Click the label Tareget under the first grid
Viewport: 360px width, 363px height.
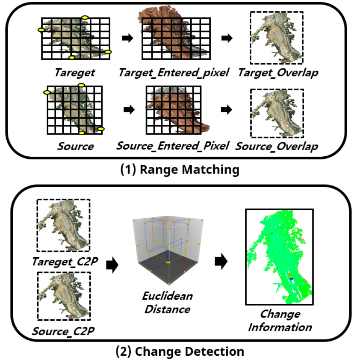(75, 73)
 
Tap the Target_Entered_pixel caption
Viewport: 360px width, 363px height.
(174, 73)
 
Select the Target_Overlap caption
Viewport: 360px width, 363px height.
(278, 73)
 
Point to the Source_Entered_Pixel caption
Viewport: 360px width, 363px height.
(172, 146)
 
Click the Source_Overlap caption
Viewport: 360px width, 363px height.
(277, 146)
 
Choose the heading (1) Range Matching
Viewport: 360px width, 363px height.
(180, 170)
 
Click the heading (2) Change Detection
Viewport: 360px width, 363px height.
(180, 351)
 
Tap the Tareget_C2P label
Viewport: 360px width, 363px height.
(65, 262)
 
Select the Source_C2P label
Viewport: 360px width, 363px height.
(63, 331)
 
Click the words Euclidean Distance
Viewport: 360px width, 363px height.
(168, 303)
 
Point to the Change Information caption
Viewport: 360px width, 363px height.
(280, 321)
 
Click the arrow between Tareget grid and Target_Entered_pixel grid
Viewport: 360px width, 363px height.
(128, 38)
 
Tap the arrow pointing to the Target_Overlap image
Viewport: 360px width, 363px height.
(227, 38)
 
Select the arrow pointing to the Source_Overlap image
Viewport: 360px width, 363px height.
(227, 110)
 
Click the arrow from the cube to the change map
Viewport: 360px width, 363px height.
(221, 262)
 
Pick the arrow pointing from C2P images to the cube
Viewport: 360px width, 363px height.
(112, 265)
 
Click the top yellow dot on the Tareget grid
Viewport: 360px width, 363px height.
(85, 18)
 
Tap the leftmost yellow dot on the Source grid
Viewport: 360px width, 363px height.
(47, 92)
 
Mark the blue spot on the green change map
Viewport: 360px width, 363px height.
(292, 279)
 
